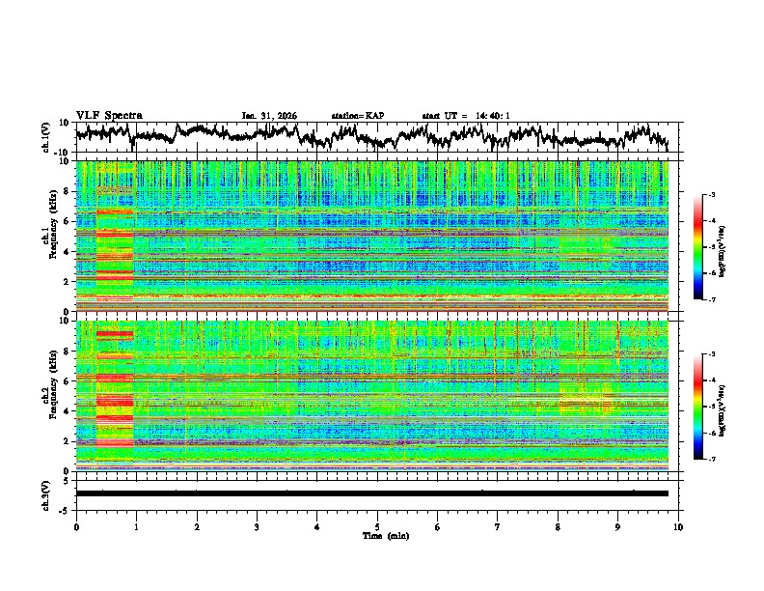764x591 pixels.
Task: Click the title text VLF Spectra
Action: coord(109,115)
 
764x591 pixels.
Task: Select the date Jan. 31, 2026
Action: coord(269,116)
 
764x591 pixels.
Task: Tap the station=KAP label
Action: coord(358,116)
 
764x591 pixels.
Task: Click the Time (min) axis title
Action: coord(377,535)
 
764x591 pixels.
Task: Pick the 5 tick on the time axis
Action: coord(377,526)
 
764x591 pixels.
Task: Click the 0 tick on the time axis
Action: coord(76,526)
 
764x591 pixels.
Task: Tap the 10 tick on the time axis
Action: coord(678,526)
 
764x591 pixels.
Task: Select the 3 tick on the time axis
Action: coord(257,526)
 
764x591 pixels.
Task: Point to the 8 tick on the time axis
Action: coord(558,526)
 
